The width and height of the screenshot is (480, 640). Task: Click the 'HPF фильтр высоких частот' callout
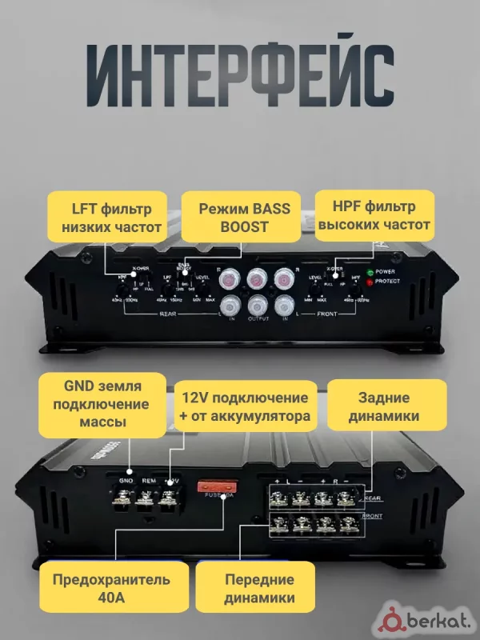374,217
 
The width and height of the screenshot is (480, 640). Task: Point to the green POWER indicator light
370,272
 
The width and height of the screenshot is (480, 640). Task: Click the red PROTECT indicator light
370,282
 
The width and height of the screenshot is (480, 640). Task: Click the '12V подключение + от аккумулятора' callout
244,407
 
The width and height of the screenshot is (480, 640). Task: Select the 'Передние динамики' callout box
258,588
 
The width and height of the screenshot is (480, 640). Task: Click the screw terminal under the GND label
125,502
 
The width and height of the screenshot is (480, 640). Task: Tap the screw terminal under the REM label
147,502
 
